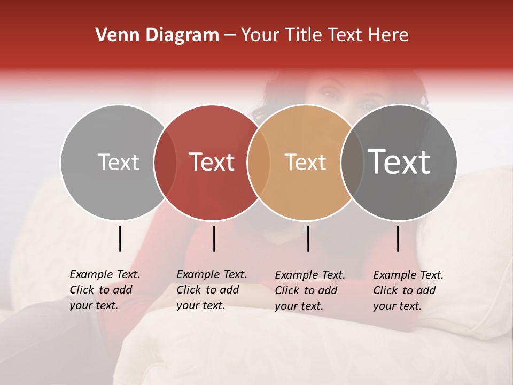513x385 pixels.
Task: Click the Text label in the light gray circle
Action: coord(118,162)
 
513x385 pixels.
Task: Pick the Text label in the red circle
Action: coord(212,162)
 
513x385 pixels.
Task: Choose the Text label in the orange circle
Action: coord(305,162)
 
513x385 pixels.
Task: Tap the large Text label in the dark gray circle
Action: coord(399,162)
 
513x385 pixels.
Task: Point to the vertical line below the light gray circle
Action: coord(120,238)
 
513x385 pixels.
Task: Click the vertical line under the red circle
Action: coord(214,238)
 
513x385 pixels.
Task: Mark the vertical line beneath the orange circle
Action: coord(308,238)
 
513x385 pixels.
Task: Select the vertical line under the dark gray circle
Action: coord(398,238)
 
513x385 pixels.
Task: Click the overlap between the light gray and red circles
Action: coord(165,163)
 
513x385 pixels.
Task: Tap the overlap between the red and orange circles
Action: coord(258,163)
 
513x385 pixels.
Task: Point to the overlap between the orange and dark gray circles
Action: coord(352,163)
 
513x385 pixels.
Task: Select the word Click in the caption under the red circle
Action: coord(188,290)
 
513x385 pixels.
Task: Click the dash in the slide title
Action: coord(230,35)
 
